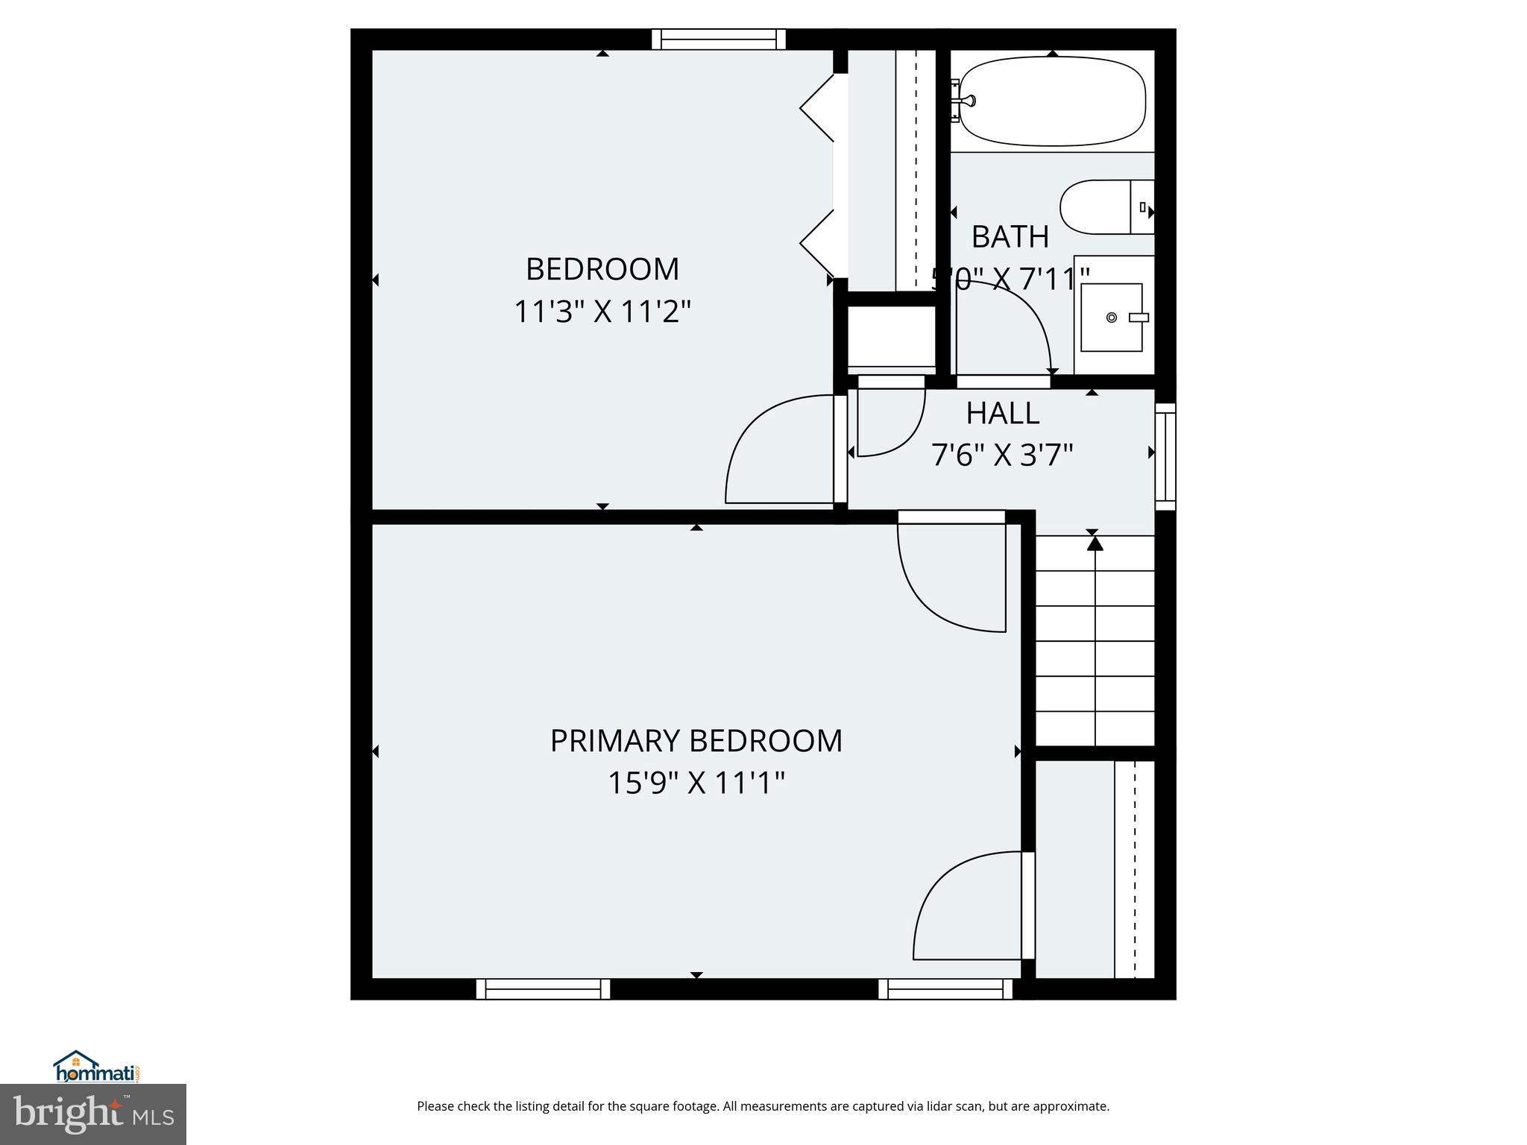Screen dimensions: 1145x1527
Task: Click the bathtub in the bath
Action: [1051, 101]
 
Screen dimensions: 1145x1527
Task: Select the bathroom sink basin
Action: [1112, 317]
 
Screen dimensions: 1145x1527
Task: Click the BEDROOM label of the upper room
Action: [602, 269]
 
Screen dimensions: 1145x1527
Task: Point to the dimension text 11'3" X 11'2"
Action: [602, 312]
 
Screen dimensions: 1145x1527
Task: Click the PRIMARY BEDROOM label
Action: [696, 741]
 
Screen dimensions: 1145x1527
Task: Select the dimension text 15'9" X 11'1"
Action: [696, 783]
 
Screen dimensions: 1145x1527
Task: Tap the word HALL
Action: [1002, 413]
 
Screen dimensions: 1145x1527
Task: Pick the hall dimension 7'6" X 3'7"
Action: [1002, 454]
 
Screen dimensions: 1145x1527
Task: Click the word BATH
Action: [1010, 237]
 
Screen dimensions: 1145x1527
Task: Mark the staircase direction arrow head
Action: [1095, 543]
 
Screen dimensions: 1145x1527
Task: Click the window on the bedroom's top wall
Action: [719, 39]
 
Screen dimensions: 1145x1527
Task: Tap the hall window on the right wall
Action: [1165, 456]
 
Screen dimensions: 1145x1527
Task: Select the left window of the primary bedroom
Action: [543, 989]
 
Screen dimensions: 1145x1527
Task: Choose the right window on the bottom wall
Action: [945, 989]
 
